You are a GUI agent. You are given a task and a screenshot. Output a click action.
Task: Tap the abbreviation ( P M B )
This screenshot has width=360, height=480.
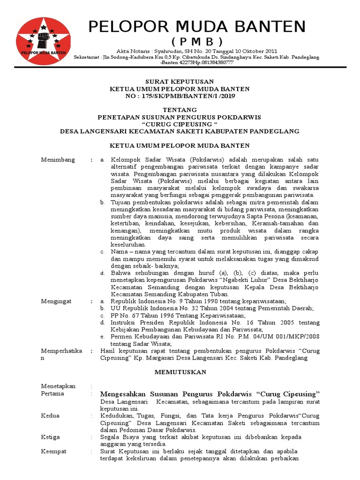tap(197, 40)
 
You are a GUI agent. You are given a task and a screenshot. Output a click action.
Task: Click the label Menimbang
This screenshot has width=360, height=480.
tap(58, 160)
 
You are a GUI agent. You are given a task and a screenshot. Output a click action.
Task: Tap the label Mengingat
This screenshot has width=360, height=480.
tap(57, 301)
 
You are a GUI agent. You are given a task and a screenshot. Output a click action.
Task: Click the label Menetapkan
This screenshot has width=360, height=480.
tap(58, 386)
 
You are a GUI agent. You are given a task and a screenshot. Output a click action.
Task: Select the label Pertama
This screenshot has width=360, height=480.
tap(52, 393)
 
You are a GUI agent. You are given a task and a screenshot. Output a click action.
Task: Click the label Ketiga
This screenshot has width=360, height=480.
tap(50, 437)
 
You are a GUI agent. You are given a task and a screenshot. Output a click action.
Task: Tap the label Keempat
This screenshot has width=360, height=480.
tap(53, 451)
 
